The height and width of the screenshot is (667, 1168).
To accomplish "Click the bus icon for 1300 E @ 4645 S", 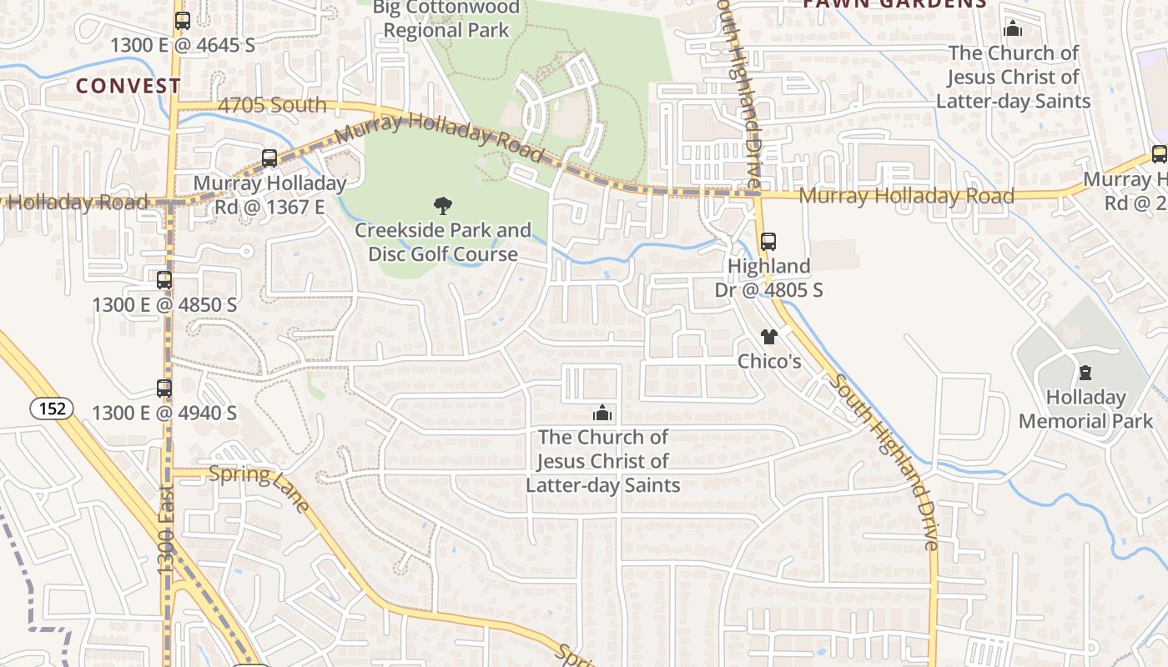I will click(182, 21).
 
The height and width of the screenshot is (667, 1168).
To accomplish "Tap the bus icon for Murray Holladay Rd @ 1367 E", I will click(269, 158).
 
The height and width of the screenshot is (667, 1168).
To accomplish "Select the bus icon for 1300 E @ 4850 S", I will click(164, 280).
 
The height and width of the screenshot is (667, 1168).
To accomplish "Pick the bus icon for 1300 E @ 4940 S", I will click(164, 389).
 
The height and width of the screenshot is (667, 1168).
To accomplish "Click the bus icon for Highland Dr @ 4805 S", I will click(768, 242).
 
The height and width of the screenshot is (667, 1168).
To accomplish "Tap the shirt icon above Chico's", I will click(768, 337).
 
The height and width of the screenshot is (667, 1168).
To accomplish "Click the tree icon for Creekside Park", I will click(443, 205).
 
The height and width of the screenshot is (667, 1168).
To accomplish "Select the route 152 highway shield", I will click(52, 409).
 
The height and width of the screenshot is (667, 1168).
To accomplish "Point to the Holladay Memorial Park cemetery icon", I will click(1085, 373).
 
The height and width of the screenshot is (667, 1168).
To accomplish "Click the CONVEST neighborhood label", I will click(128, 86).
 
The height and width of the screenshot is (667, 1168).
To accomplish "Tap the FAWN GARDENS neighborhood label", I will click(894, 4).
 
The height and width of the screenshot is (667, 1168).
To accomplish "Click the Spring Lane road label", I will click(259, 486).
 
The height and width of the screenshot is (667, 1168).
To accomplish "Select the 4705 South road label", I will click(272, 105).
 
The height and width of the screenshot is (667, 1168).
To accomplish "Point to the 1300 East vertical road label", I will click(166, 529).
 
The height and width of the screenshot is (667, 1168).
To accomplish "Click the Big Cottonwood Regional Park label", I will click(446, 19).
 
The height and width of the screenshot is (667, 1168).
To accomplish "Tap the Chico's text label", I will click(769, 361).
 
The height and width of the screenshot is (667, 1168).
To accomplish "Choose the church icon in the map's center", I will click(602, 413).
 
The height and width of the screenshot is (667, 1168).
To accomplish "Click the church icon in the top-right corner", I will click(1013, 29).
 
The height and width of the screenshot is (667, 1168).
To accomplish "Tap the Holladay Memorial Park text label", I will click(1085, 409).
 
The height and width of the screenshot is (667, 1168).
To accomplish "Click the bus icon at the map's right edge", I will click(1159, 154).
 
